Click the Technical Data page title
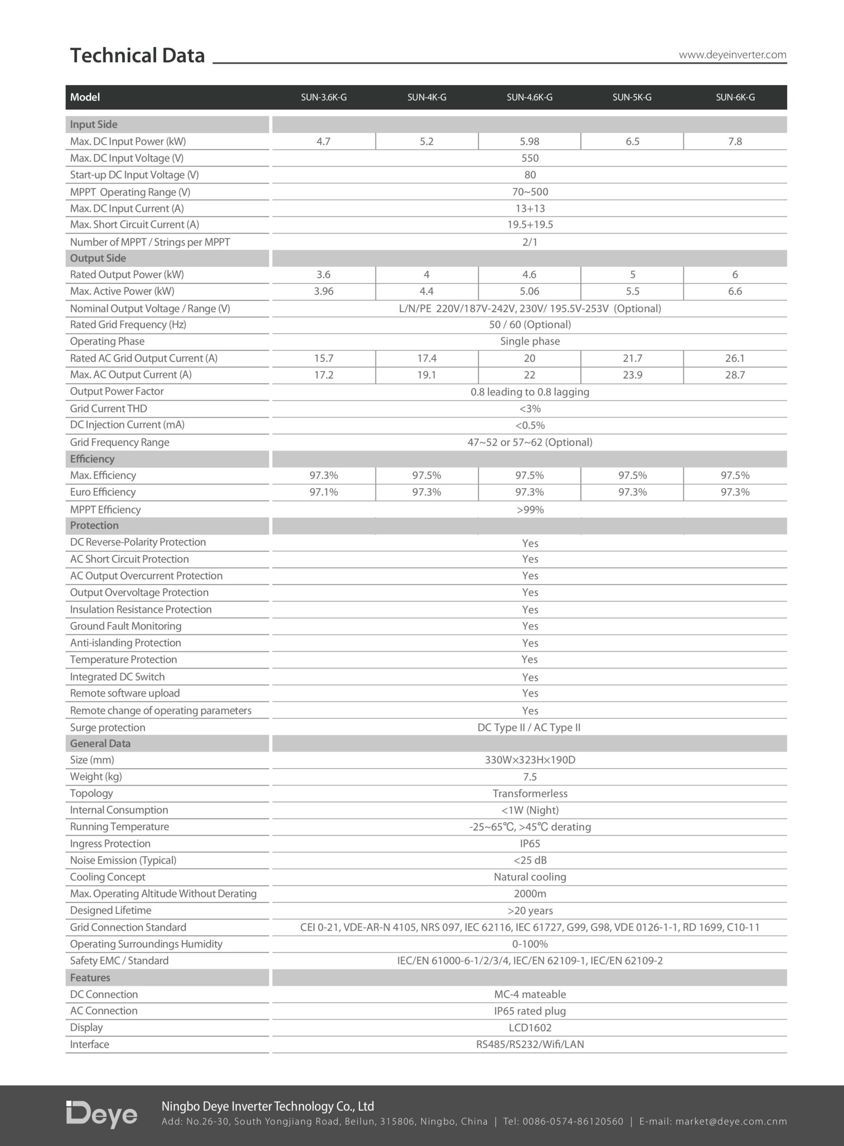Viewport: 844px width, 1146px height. (x=137, y=55)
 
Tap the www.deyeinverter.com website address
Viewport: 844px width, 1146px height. (x=732, y=55)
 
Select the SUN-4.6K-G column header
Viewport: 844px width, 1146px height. (x=529, y=97)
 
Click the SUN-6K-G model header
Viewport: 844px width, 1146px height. (x=735, y=97)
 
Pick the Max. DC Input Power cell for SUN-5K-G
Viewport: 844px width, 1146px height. (x=632, y=141)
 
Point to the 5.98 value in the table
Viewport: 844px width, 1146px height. (x=529, y=141)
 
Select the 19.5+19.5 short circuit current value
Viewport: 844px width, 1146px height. (x=530, y=225)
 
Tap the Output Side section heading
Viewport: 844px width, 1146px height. (x=98, y=258)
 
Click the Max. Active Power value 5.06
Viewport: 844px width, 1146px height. (x=529, y=291)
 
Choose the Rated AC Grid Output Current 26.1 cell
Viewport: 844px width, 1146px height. (x=735, y=358)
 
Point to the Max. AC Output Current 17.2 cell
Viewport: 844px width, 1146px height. (x=324, y=375)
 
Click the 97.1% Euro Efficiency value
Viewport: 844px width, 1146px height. (x=324, y=492)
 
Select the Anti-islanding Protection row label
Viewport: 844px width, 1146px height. (x=125, y=643)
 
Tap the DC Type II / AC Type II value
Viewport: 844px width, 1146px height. (x=529, y=727)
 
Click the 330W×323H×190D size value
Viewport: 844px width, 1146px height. (x=530, y=760)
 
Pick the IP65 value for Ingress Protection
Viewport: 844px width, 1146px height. (x=530, y=843)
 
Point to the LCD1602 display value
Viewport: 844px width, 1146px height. (x=530, y=1027)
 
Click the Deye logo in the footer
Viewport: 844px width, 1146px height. (x=102, y=1114)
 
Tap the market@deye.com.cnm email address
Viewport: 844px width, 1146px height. (x=731, y=1121)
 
